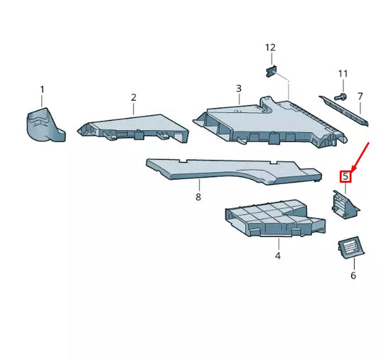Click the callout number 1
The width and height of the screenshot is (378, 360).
click(x=42, y=89)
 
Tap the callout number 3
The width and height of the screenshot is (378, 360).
click(x=238, y=89)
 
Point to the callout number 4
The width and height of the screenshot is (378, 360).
click(x=278, y=256)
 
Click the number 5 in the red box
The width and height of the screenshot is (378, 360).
click(x=345, y=176)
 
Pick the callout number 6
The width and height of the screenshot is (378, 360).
click(x=352, y=276)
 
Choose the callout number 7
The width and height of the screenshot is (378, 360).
click(x=360, y=96)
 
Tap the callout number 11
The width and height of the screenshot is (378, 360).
click(x=343, y=74)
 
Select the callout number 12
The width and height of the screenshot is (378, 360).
click(x=270, y=48)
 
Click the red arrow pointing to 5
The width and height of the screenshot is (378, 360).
click(x=360, y=157)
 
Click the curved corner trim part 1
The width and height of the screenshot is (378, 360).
click(x=44, y=126)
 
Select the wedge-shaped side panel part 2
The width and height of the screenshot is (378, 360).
click(x=135, y=129)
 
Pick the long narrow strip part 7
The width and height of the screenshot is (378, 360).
click(x=344, y=108)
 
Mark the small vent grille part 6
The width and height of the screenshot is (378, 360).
click(x=350, y=248)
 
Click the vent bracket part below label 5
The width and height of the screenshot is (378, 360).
click(x=345, y=206)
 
